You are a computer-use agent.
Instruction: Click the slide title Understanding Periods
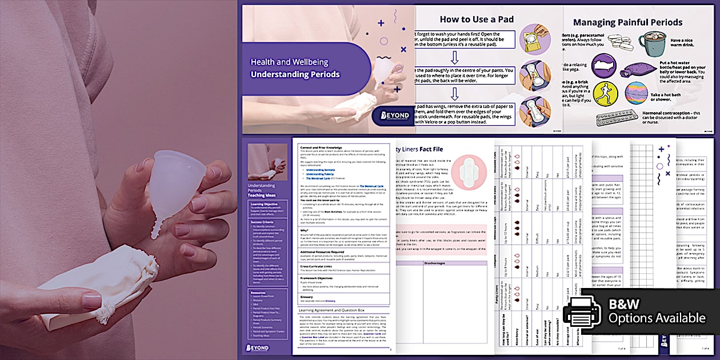click(295, 74)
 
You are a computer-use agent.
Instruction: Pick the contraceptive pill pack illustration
click(618, 118)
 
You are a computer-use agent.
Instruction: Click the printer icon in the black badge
click(582, 313)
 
